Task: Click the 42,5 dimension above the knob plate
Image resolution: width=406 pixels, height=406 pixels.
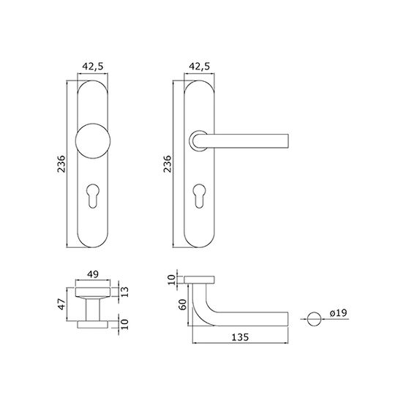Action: click(93, 67)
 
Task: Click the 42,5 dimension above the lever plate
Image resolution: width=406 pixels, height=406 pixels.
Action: click(199, 67)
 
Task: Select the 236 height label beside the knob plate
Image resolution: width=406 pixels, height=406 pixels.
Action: click(61, 164)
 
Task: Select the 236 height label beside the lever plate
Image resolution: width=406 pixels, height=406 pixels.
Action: click(168, 164)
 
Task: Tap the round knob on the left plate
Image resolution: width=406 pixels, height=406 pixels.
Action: click(93, 140)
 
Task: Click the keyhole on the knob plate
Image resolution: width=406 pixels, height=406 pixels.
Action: click(93, 196)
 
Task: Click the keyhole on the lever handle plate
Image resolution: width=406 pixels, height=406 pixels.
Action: click(199, 196)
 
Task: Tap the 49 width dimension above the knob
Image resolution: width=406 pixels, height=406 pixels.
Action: click(93, 274)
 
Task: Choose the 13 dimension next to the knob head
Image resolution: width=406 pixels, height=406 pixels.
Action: click(124, 292)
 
